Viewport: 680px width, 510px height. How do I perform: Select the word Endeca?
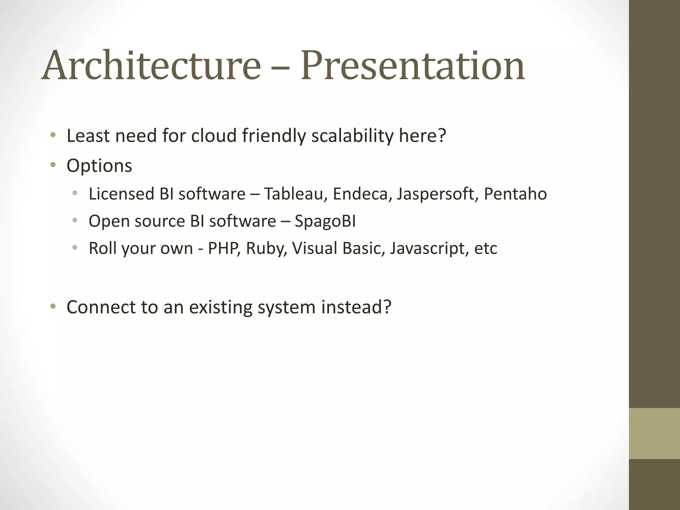coord(360,194)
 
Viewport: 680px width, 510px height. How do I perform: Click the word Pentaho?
coord(515,194)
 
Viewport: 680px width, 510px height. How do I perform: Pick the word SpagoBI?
coord(325,222)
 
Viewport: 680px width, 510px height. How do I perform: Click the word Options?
coord(99,166)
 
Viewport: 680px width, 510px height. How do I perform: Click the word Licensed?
coord(121,194)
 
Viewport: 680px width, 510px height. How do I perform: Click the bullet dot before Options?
coord(53,165)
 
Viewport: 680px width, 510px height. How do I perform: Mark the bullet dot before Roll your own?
coord(75,248)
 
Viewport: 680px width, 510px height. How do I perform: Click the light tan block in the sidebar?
coord(654,433)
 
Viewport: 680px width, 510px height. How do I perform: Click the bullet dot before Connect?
coord(53,306)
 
